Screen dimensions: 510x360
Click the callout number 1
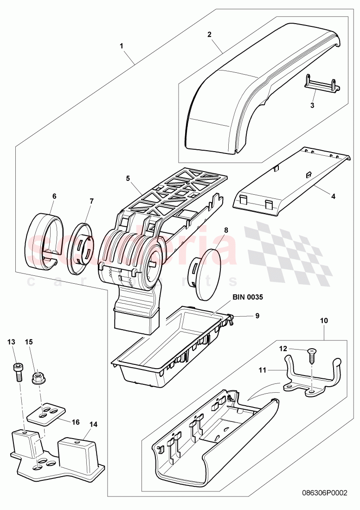(122, 46)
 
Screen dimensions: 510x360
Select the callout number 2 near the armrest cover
(210, 34)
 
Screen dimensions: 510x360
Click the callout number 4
(333, 196)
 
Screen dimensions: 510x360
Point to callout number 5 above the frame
(128, 178)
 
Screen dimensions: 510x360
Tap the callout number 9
(257, 316)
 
